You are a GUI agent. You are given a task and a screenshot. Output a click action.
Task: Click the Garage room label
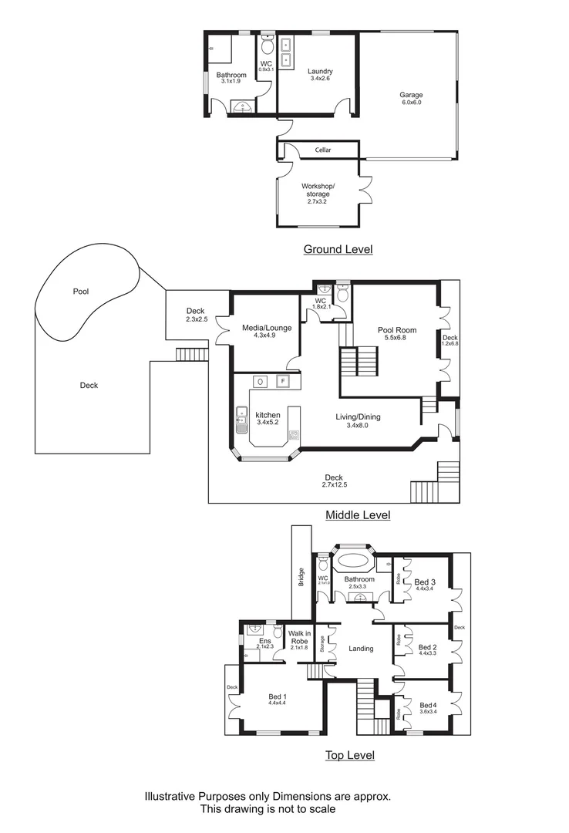(412, 96)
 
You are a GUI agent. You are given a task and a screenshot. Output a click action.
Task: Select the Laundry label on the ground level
(319, 71)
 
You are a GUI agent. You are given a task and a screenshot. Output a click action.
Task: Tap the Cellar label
(322, 150)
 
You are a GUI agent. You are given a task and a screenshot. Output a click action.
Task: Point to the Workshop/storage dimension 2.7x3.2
(317, 201)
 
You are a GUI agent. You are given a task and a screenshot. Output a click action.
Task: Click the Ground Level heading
(338, 249)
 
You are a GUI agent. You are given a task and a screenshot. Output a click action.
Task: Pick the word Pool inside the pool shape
(81, 292)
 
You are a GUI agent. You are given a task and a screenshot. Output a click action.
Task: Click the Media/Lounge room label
(267, 328)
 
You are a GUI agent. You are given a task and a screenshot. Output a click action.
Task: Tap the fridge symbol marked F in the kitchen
(283, 381)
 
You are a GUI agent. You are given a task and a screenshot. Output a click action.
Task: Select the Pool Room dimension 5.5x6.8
(391, 339)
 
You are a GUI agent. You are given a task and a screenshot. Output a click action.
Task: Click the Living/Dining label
(358, 417)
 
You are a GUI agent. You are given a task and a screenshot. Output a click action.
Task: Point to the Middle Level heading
(358, 515)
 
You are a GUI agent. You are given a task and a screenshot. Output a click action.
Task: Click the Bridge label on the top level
(300, 578)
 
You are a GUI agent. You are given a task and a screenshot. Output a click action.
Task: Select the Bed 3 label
(426, 582)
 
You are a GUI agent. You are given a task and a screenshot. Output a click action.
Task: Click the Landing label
(361, 649)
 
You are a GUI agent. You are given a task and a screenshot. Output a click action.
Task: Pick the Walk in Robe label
(298, 637)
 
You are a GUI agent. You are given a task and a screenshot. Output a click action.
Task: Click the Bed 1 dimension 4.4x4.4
(277, 703)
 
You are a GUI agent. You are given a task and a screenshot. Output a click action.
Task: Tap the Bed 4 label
(428, 705)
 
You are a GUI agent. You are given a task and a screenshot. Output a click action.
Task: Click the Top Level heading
(349, 755)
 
